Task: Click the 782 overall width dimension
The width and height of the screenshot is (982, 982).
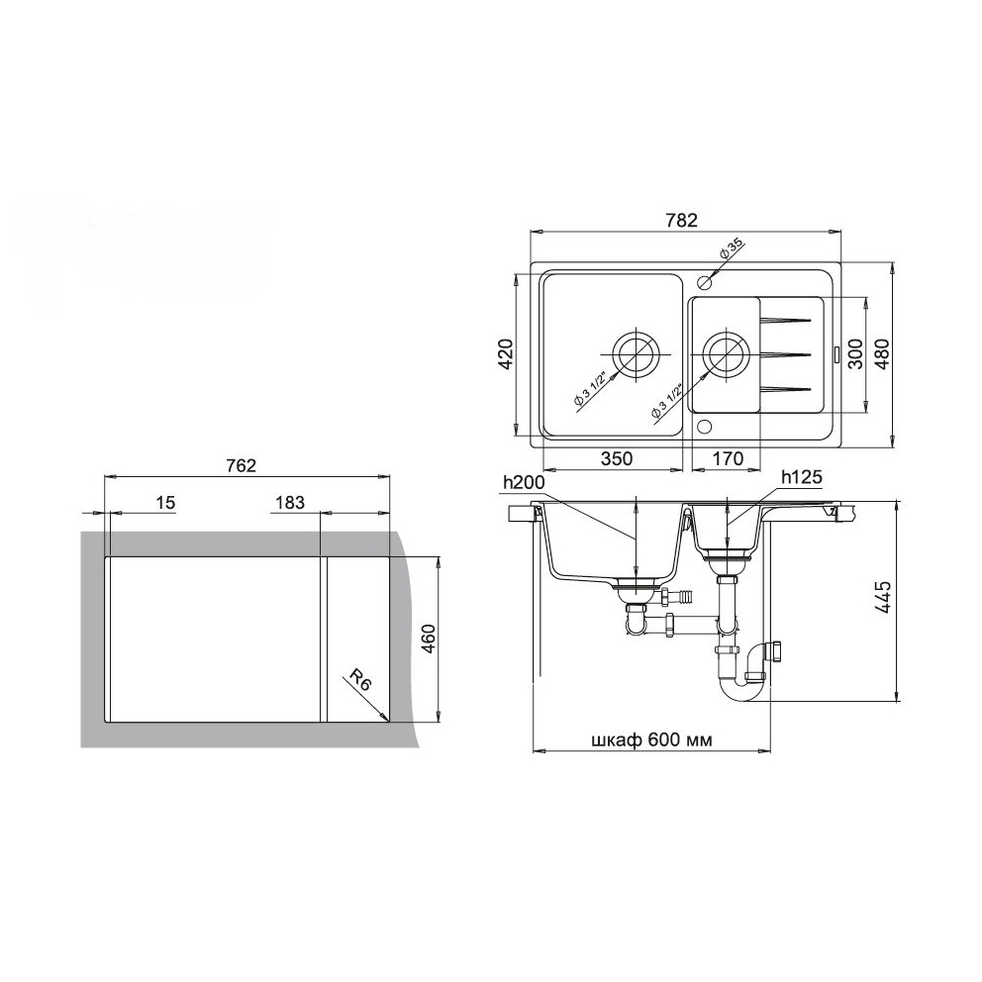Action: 681,221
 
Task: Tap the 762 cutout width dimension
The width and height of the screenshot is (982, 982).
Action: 242,466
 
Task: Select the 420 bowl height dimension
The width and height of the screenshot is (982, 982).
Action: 506,354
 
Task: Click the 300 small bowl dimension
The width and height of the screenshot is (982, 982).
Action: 856,354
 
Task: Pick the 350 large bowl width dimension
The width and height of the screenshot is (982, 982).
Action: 617,459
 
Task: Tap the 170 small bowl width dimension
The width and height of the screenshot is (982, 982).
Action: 728,459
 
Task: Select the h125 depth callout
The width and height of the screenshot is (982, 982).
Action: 801,478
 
